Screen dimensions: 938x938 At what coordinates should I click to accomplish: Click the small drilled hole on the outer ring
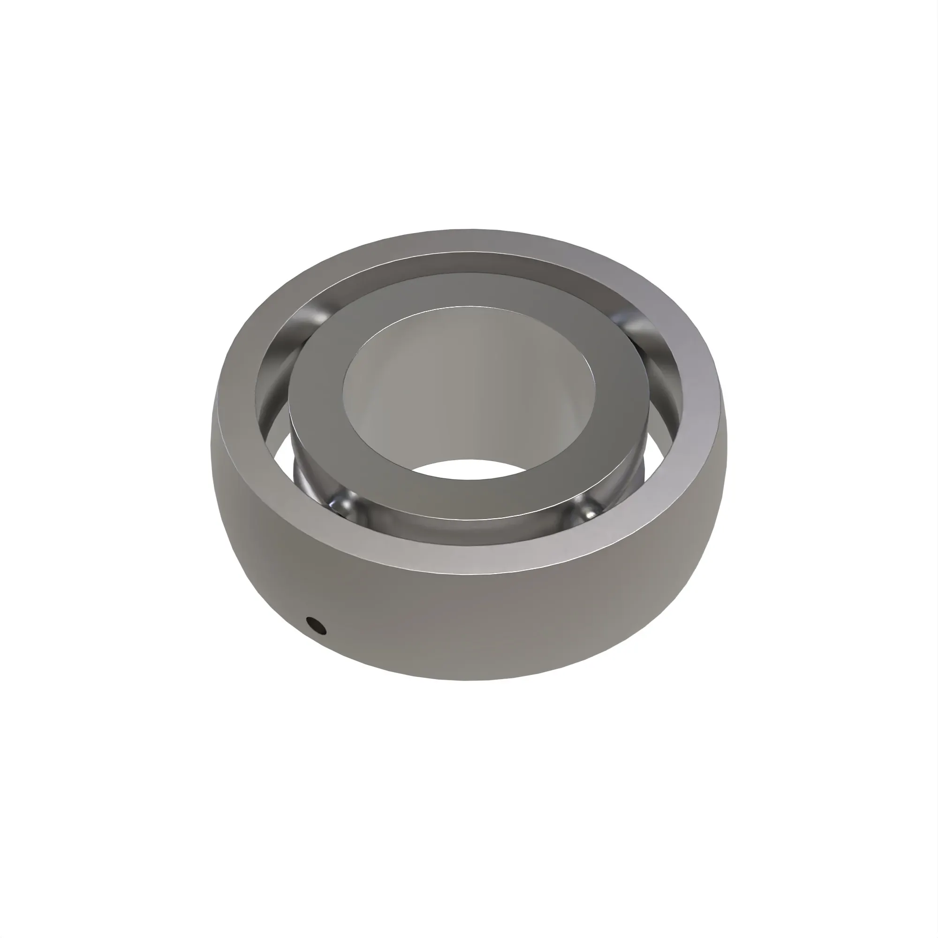tap(316, 626)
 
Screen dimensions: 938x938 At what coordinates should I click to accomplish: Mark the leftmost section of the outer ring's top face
tap(237, 398)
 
